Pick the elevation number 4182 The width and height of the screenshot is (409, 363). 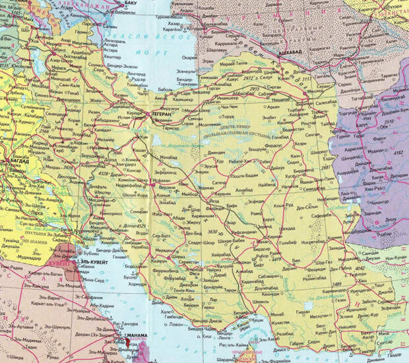tap(398, 153)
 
